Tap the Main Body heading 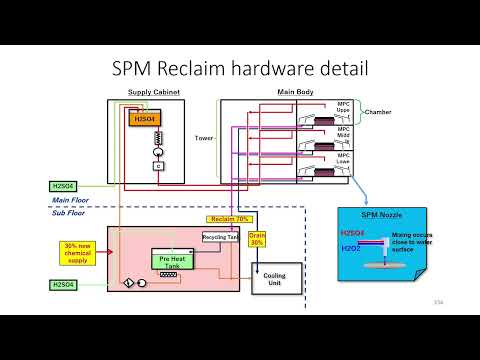(296, 93)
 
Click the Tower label (205, 138)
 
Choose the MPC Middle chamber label (344, 134)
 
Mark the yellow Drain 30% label (256, 240)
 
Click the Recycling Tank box (218, 237)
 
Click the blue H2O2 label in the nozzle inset (352, 247)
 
